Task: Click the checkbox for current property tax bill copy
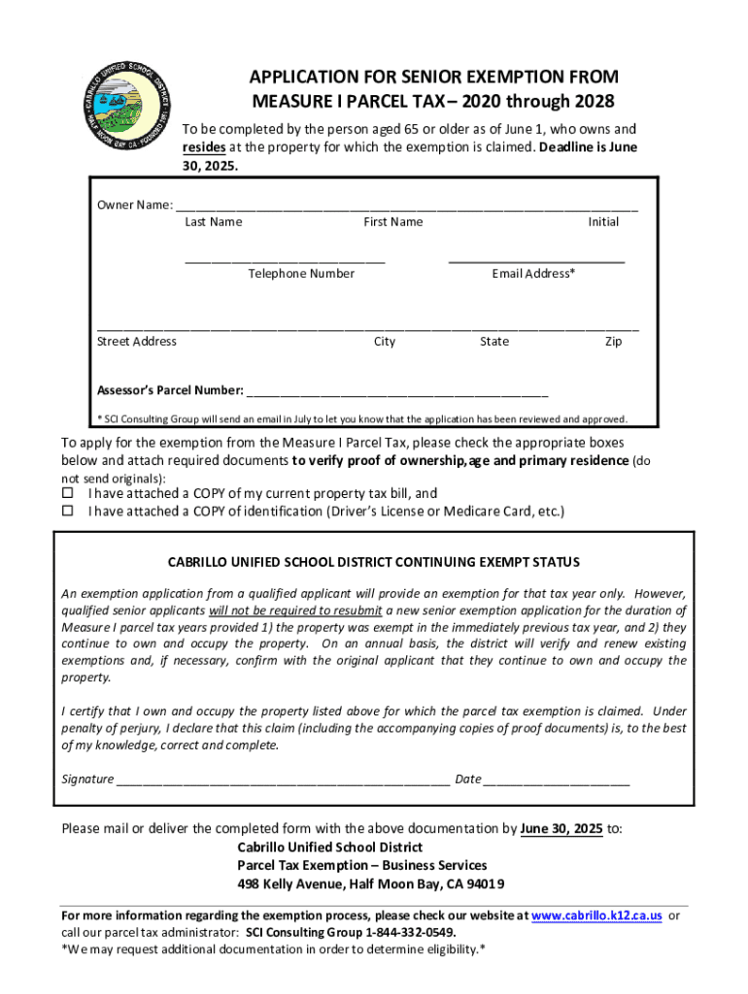(68, 493)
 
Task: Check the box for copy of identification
(68, 511)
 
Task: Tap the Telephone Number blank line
(286, 260)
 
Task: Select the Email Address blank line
(536, 260)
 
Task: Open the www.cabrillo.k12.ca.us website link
(597, 915)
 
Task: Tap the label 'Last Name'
(213, 222)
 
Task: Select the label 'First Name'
(392, 222)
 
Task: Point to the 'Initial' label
(603, 222)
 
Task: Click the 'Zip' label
(613, 342)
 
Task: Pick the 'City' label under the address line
(385, 342)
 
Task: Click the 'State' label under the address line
(493, 342)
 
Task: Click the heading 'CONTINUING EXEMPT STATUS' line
(374, 562)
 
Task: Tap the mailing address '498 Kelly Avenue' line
(371, 884)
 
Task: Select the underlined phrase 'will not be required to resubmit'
(296, 612)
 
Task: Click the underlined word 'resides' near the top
(205, 147)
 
